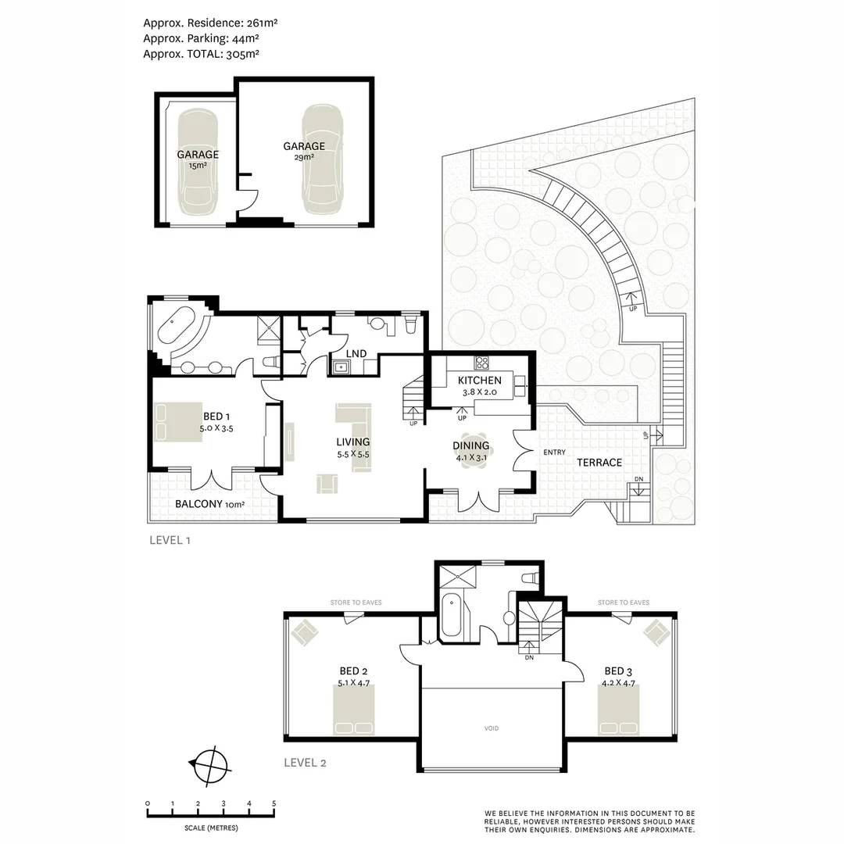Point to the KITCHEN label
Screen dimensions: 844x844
pos(479,381)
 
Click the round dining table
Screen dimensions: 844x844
pos(471,449)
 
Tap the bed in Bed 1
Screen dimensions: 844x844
pos(170,422)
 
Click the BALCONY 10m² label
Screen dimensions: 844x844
pos(209,504)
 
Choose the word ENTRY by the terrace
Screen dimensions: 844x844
pos(555,452)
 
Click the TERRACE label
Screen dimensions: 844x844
pos(599,463)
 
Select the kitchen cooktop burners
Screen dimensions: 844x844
pos(482,362)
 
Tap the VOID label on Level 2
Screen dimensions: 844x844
pos(491,728)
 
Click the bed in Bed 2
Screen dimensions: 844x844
pos(354,710)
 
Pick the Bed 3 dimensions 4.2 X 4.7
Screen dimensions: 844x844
pos(618,683)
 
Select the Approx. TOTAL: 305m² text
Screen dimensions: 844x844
pos(201,54)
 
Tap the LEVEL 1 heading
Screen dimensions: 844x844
pos(170,540)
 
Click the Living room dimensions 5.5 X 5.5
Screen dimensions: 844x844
pos(352,453)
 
